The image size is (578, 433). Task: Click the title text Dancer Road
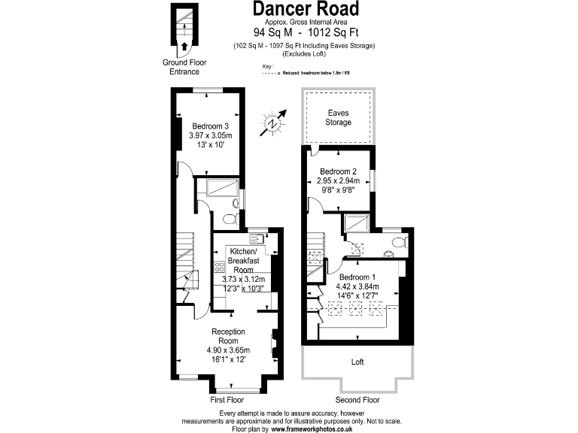[x=305, y=10]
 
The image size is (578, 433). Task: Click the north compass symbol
[x=272, y=123]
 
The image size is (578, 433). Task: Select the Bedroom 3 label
[x=210, y=126]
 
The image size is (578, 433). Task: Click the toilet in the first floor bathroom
[x=230, y=219]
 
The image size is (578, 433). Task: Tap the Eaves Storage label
[x=338, y=117]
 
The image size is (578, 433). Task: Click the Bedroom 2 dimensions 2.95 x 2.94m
[x=338, y=181]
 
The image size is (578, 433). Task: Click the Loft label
[x=357, y=362]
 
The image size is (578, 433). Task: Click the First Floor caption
[x=227, y=400]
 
